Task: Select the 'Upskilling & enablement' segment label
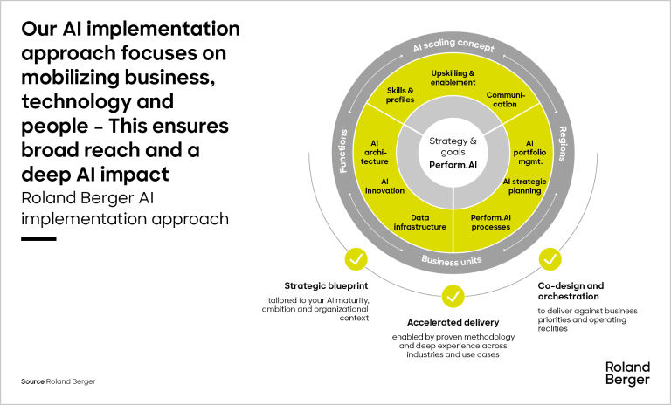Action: point(453,77)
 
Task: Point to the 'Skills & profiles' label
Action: point(400,95)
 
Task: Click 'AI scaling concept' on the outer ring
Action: point(453,46)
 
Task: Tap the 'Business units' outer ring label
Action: point(453,259)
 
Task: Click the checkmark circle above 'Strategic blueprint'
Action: point(356,259)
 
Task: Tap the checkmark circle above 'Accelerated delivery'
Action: point(453,297)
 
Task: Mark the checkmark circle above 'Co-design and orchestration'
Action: point(550,259)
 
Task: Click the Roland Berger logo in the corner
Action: point(626,373)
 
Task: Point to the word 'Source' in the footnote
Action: point(32,382)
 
